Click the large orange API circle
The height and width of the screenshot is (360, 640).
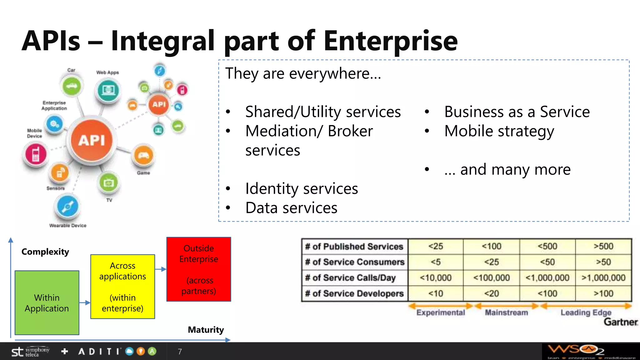coord(91,140)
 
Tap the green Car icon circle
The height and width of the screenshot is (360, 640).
coord(72,86)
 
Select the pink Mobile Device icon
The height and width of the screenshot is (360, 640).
coord(36,154)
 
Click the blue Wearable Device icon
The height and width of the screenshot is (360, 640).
coord(67,207)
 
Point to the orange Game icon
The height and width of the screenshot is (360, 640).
coord(143,155)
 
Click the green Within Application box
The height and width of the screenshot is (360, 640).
coord(47,302)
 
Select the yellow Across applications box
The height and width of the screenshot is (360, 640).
coord(122,287)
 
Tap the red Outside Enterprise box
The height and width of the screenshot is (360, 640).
coord(199,269)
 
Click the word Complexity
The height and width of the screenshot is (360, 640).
coord(45,252)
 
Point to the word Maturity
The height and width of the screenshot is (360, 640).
coord(206,330)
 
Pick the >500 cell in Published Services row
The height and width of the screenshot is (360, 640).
coord(603,246)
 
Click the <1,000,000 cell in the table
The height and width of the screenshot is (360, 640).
coord(547,277)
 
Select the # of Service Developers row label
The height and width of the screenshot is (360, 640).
coord(354,293)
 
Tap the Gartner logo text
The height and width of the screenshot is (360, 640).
coord(620,322)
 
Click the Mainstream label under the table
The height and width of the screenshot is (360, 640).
coord(506,312)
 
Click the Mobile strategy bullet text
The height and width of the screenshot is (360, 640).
coord(499,131)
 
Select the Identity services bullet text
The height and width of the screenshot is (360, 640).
coord(302,188)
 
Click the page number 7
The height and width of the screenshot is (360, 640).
coord(180,352)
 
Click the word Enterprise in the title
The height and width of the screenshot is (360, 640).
coord(391,41)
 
